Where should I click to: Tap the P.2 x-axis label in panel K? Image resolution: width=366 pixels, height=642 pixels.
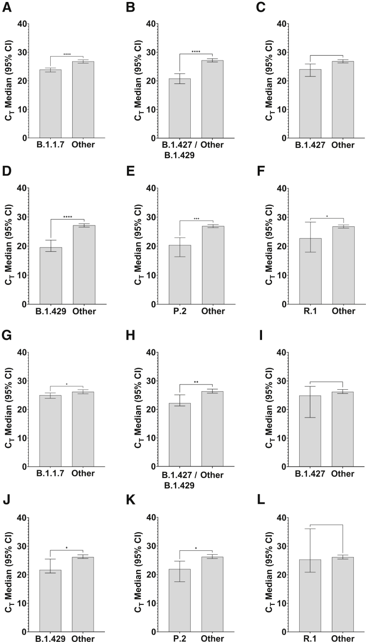[180, 638]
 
